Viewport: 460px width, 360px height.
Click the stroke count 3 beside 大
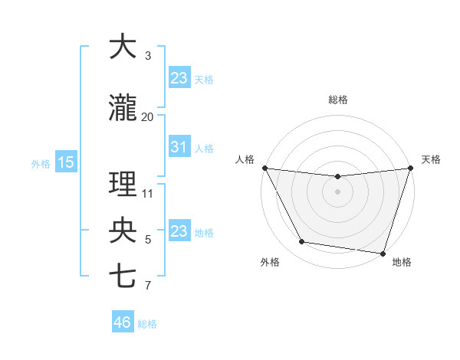pyautogui.click(x=148, y=56)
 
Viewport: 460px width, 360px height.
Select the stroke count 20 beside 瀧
pyautogui.click(x=148, y=116)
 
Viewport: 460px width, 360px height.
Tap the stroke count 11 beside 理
pyautogui.click(x=148, y=193)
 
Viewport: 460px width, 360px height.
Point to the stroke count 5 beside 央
pyautogui.click(x=148, y=240)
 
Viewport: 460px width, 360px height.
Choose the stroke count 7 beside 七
pyautogui.click(x=148, y=286)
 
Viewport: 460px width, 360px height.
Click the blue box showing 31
pyautogui.click(x=179, y=147)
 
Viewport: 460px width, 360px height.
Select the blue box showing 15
pyautogui.click(x=65, y=162)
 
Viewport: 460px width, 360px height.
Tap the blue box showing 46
pyautogui.click(x=123, y=322)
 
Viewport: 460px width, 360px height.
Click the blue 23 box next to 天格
pyautogui.click(x=179, y=78)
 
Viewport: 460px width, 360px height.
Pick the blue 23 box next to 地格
pyautogui.click(x=179, y=231)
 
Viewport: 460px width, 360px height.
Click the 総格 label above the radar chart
pyautogui.click(x=338, y=100)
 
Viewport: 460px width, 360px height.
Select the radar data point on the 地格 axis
pyautogui.click(x=383, y=253)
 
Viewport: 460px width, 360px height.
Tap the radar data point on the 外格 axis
pyautogui.click(x=302, y=242)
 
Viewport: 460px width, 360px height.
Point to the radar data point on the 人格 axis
pyautogui.click(x=264, y=168)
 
